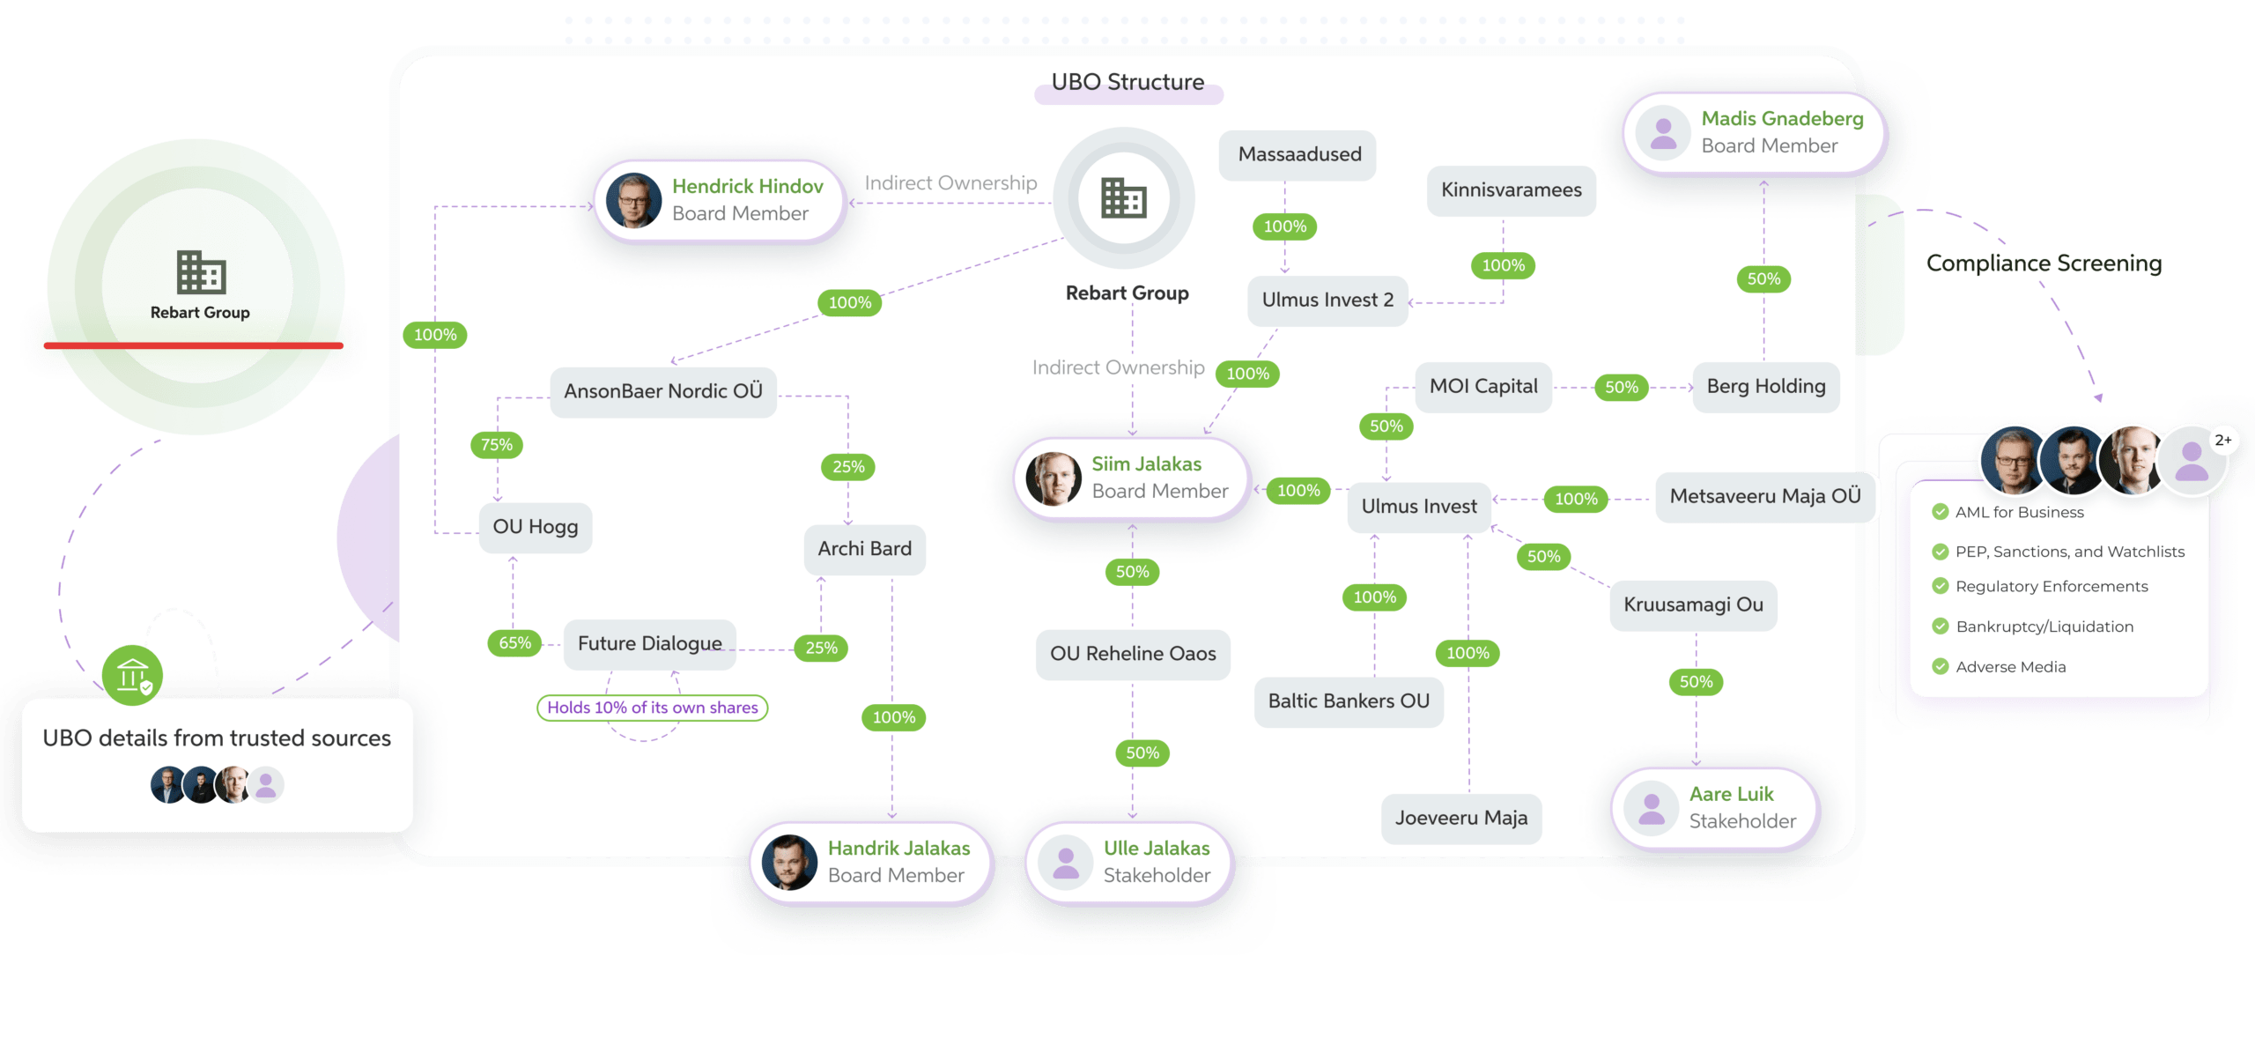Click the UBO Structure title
point(1127,83)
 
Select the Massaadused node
point(1298,155)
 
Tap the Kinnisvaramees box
point(1511,190)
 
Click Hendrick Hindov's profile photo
point(633,200)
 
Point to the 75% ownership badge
point(497,445)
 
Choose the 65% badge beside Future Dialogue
point(515,643)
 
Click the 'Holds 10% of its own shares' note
point(652,708)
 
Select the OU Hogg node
point(535,527)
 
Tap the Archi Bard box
point(864,549)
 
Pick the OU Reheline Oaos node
point(1133,654)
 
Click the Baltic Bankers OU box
point(1348,701)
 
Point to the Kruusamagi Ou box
point(1693,605)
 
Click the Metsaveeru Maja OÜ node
point(1764,497)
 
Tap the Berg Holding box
point(1765,387)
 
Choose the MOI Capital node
point(1483,387)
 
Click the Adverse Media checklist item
point(2010,667)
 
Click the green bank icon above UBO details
point(132,676)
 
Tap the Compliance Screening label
point(2044,263)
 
